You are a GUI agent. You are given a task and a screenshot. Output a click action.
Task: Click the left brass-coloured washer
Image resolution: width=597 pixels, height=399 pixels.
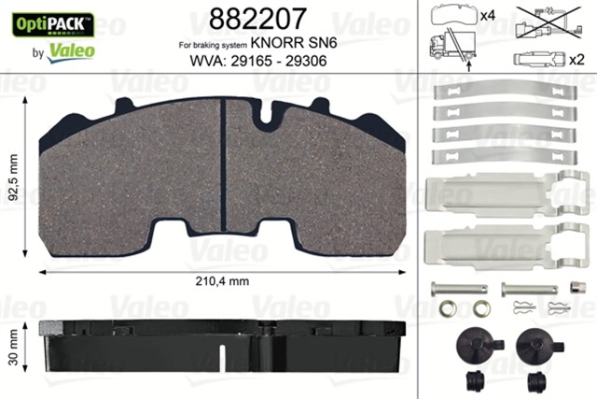tap(447, 308)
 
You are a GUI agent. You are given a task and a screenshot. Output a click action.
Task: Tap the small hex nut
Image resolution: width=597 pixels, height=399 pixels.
tap(576, 289)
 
